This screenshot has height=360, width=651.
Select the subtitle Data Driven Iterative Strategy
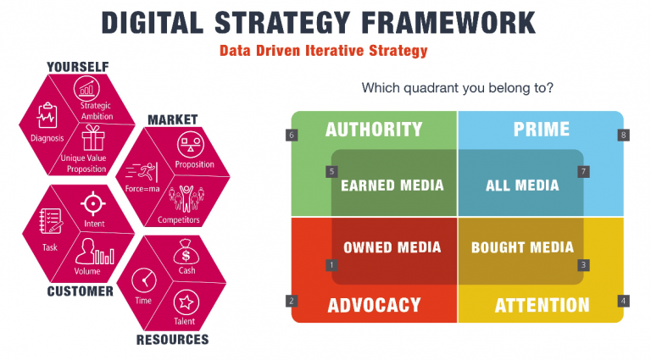click(323, 50)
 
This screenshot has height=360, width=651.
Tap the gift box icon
click(92, 137)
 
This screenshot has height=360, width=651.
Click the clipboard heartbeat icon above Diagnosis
click(47, 117)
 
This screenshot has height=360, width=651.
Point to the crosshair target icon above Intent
click(93, 204)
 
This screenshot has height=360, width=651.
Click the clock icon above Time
click(143, 280)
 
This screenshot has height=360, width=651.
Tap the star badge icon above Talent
click(186, 302)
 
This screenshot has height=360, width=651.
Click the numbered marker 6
click(292, 135)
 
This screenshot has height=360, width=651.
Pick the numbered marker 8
click(623, 135)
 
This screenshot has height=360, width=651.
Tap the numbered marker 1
click(331, 265)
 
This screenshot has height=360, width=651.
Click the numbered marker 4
click(623, 300)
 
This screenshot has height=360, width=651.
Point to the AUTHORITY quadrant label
click(374, 130)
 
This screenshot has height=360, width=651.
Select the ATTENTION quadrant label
click(542, 305)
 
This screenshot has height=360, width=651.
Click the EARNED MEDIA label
click(392, 186)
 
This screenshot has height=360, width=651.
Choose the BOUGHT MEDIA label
click(522, 247)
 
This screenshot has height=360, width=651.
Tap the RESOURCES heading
click(172, 340)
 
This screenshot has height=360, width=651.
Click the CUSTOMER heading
click(80, 291)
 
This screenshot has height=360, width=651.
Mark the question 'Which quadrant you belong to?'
click(452, 88)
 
